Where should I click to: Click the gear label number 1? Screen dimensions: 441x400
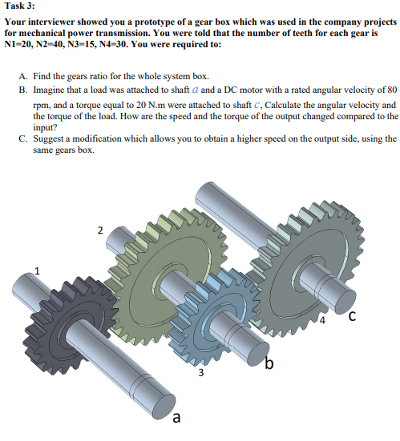36,271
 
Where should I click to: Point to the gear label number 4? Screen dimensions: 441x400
321,323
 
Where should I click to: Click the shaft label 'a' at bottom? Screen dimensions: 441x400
176,417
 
